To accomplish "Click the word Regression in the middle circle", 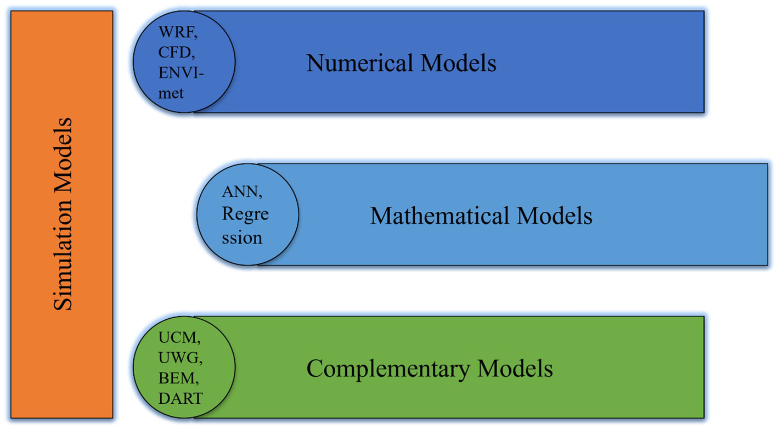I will click(x=245, y=225).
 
